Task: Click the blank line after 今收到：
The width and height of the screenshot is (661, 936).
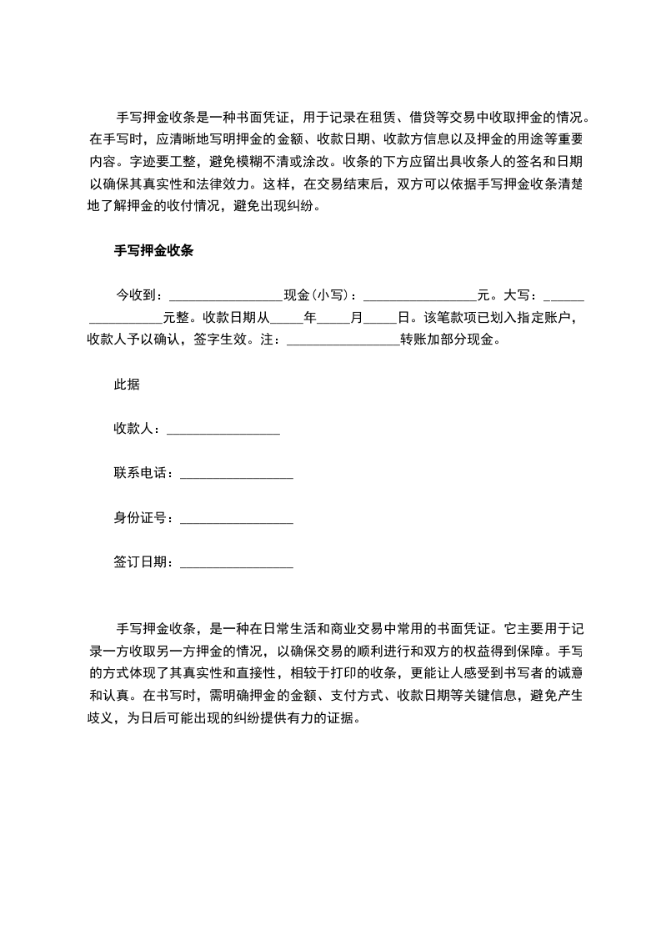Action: (x=226, y=296)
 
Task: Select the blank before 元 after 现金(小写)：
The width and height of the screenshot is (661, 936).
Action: (x=420, y=296)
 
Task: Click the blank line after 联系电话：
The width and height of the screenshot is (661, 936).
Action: (x=237, y=475)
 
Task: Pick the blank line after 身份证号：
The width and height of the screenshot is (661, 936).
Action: (x=237, y=520)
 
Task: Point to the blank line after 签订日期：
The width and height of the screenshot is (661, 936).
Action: (x=237, y=565)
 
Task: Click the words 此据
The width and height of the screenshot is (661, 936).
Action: (x=127, y=385)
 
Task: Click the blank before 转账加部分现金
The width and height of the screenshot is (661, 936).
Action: (x=343, y=341)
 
